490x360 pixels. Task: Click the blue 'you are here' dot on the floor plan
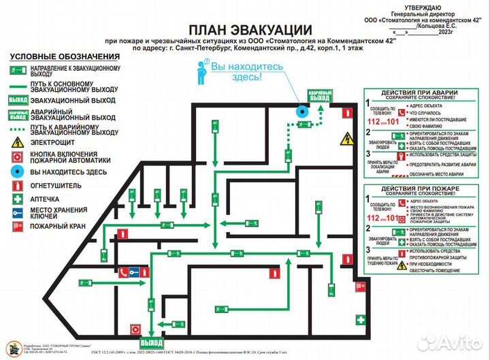pyautogui.click(x=301, y=112)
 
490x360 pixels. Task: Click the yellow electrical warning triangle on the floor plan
pyautogui.click(x=348, y=140)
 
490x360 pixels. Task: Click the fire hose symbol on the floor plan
pyautogui.click(x=274, y=274)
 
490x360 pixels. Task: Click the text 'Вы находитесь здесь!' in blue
pyautogui.click(x=235, y=72)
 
